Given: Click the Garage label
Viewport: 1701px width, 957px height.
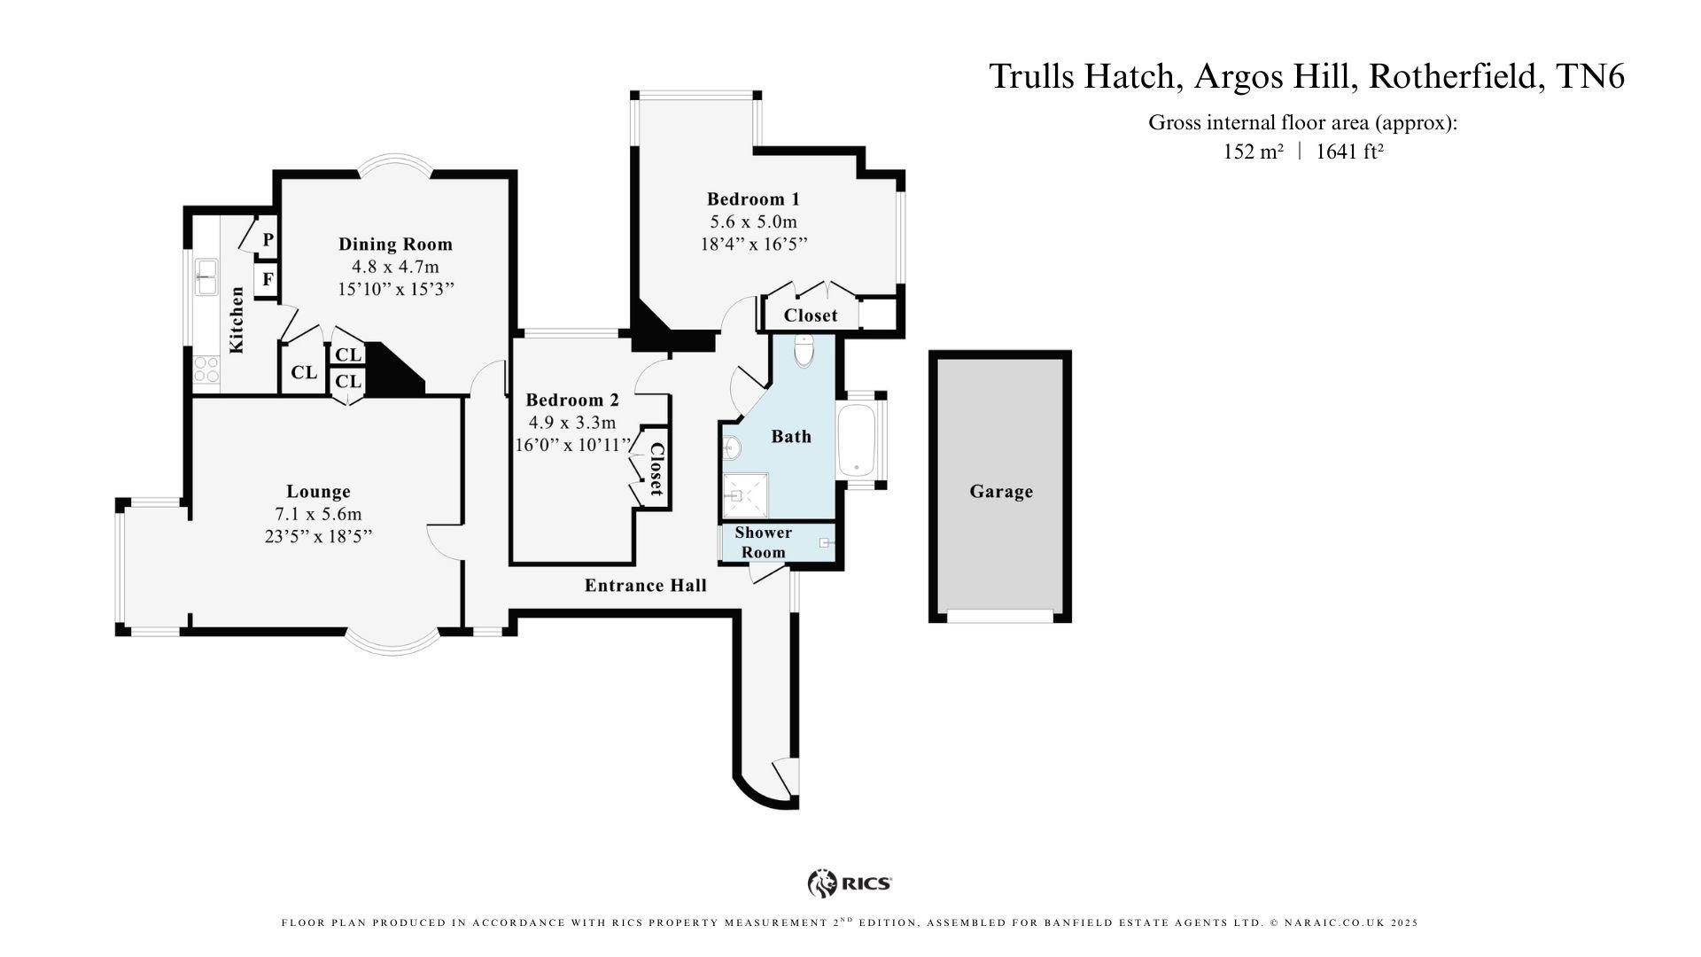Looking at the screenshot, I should [1000, 492].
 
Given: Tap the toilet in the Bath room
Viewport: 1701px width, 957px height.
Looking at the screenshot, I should [804, 352].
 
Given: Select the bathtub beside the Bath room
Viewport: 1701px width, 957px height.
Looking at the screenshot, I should [857, 440].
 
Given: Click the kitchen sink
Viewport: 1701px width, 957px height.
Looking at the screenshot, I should [207, 276].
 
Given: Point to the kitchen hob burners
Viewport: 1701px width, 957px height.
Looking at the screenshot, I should [206, 369].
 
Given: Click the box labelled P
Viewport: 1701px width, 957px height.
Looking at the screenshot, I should [268, 240].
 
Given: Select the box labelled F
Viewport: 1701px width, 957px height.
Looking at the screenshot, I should [268, 280].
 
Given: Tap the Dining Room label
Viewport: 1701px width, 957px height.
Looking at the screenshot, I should [395, 245].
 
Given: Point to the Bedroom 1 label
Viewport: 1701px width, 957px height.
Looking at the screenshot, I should [753, 198].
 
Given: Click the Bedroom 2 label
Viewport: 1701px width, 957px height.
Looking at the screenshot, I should [571, 400].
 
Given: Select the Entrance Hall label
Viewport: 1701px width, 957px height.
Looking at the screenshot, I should [645, 586].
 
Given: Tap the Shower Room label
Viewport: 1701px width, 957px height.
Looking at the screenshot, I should [763, 542].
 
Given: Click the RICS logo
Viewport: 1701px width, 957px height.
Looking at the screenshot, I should [849, 883].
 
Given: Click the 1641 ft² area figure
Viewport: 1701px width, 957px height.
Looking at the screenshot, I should [1349, 152].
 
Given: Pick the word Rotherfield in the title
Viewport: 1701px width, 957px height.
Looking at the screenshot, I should [1451, 77].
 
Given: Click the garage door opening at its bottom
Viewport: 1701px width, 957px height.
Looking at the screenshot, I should [1000, 616].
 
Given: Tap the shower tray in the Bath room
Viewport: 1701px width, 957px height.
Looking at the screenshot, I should [745, 495].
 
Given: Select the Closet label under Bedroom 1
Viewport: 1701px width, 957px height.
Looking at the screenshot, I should [810, 315].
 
